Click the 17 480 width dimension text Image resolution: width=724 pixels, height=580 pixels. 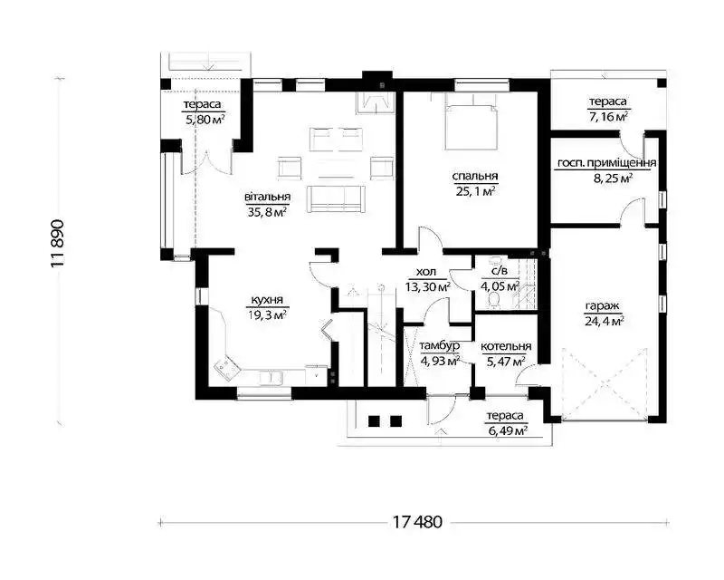click(417, 522)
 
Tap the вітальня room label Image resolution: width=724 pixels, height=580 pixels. click(267, 197)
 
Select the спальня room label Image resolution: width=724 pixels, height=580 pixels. click(474, 176)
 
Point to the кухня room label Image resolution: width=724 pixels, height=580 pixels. click(267, 300)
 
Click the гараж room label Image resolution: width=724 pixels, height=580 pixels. click(602, 306)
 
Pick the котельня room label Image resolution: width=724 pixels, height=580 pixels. click(506, 346)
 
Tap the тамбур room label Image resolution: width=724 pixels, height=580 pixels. click(440, 346)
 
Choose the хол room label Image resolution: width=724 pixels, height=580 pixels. click(426, 272)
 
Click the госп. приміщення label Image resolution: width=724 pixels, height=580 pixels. click(606, 163)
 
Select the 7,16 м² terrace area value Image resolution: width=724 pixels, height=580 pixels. click(607, 116)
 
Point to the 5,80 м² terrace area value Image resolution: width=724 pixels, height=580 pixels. click(205, 120)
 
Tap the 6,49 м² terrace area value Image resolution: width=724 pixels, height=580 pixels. click(508, 430)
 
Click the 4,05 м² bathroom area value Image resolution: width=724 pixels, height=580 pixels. click(500, 286)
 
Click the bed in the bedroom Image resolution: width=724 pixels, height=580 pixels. click(471, 121)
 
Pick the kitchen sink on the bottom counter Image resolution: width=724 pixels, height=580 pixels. click(271, 377)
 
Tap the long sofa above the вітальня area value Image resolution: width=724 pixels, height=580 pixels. click(336, 198)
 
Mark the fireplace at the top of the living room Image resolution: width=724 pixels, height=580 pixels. click(375, 101)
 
